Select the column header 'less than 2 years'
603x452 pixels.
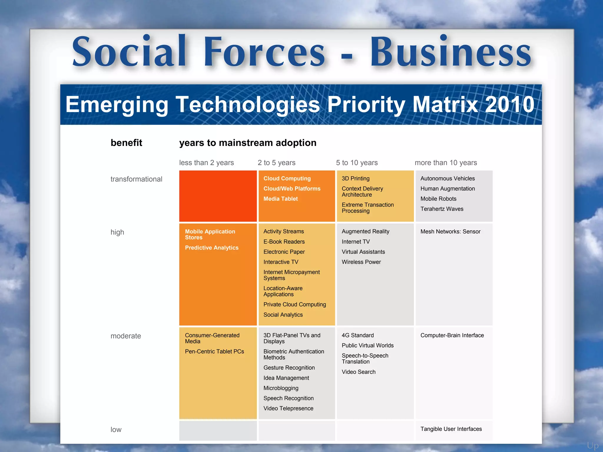(x=206, y=163)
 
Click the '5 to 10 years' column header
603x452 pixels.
(x=357, y=163)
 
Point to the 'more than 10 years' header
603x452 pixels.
(x=446, y=163)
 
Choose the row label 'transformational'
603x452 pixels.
(x=136, y=179)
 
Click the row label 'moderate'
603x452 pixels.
(x=126, y=336)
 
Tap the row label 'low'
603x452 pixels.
(x=116, y=430)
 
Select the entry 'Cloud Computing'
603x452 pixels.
(x=287, y=179)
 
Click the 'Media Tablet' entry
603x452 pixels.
(x=281, y=199)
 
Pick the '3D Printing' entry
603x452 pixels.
(x=356, y=179)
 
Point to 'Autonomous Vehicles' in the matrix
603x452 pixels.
(x=448, y=179)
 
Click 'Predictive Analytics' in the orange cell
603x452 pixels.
(x=212, y=248)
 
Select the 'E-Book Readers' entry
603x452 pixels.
(x=284, y=242)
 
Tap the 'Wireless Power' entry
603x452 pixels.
(x=361, y=262)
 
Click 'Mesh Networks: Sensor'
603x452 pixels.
(x=450, y=232)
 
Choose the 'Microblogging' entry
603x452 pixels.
(x=281, y=388)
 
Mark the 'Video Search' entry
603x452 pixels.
(x=359, y=372)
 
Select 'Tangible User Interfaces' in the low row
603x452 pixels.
(x=451, y=429)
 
